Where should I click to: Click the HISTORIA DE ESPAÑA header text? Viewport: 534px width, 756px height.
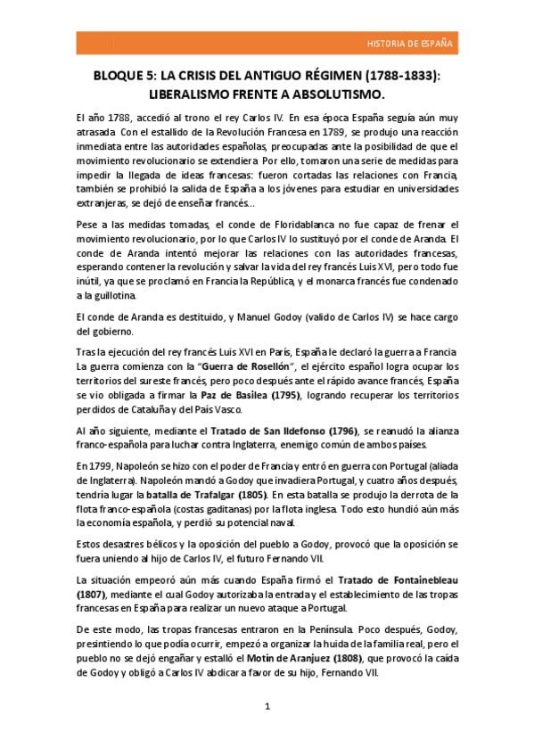[410, 43]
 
